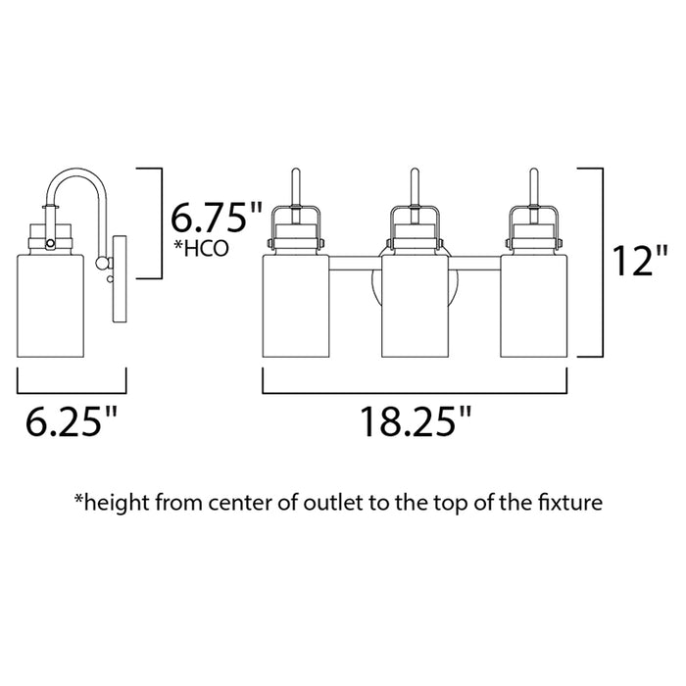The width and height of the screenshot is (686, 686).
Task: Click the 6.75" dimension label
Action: tap(217, 218)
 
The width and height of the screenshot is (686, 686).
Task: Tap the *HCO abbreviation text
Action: tap(201, 249)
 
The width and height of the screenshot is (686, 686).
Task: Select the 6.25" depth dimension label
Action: tap(72, 421)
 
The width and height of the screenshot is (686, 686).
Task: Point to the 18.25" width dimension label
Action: tap(416, 421)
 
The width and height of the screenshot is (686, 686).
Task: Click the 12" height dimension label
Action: tap(641, 261)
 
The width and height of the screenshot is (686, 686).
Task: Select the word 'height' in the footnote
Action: tap(116, 503)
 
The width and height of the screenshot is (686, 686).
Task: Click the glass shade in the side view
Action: tap(50, 306)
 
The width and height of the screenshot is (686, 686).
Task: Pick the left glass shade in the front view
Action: tap(296, 306)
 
